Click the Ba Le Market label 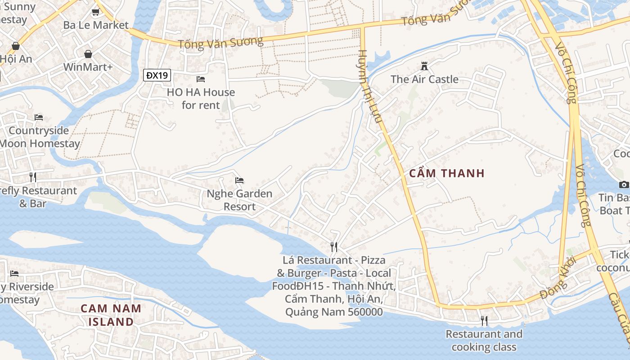96,25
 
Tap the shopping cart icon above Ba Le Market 95,12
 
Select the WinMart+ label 88,67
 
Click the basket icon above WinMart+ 88,54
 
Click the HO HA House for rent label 201,99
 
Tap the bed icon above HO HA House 201,79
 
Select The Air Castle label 424,79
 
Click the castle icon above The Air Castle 424,66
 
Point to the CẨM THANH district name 447,173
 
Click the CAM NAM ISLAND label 111,315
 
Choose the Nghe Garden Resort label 239,200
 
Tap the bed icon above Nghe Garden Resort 239,180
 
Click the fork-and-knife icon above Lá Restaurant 334,247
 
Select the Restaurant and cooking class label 484,340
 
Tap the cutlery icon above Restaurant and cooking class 484,320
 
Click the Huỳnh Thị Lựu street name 370,85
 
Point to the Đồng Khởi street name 558,278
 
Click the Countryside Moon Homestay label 40,137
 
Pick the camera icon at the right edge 624,184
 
